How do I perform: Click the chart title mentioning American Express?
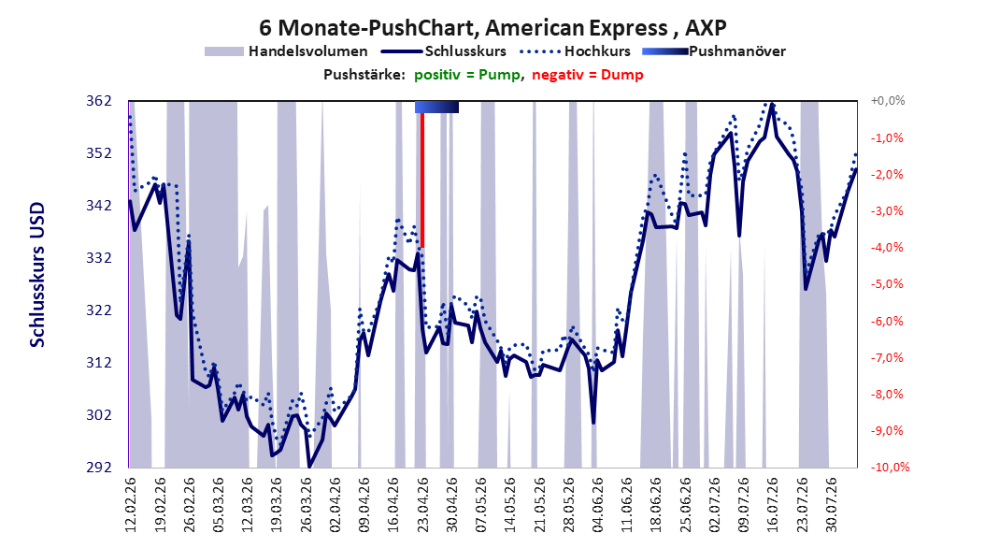[x=492, y=28]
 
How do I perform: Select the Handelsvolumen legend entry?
[x=286, y=51]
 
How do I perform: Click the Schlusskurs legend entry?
[x=444, y=51]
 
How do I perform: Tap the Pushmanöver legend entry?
[x=714, y=51]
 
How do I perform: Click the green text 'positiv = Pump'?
[x=466, y=75]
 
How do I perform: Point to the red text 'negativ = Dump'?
[x=588, y=75]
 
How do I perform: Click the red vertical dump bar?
[x=422, y=180]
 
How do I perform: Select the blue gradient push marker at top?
[x=436, y=108]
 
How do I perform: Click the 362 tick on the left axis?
[x=100, y=101]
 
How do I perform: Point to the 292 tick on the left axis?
[x=100, y=467]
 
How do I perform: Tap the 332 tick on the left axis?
[x=100, y=258]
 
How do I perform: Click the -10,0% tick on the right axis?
[x=890, y=467]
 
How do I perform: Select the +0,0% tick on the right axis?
[x=888, y=101]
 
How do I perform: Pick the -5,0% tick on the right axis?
[x=888, y=284]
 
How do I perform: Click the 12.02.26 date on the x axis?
[x=131, y=505]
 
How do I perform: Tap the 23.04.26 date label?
[x=422, y=505]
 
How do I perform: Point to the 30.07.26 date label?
[x=831, y=505]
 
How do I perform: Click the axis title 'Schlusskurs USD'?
[x=37, y=275]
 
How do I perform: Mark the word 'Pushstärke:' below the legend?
[x=364, y=75]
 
